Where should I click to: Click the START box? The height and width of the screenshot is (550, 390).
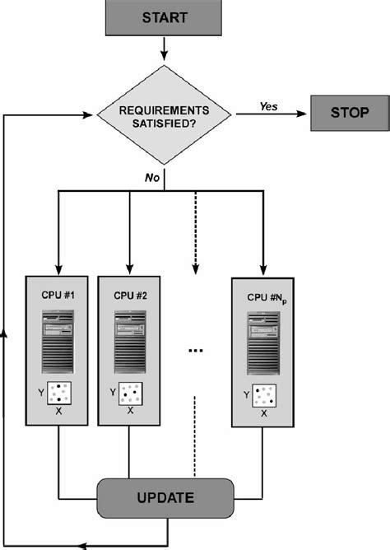[165, 17]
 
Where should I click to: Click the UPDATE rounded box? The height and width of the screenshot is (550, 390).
[165, 497]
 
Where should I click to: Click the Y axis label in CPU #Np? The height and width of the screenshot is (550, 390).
[246, 395]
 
